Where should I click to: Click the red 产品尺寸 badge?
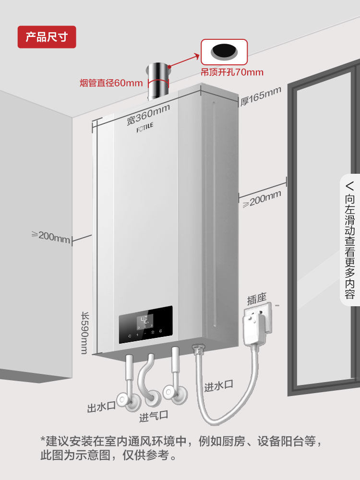[47, 37]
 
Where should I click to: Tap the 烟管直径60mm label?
[111, 83]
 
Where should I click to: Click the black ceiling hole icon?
[224, 50]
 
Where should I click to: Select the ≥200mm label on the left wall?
[51, 236]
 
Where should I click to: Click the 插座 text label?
[256, 300]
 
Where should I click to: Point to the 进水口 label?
[218, 385]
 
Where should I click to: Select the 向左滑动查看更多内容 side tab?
[350, 240]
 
